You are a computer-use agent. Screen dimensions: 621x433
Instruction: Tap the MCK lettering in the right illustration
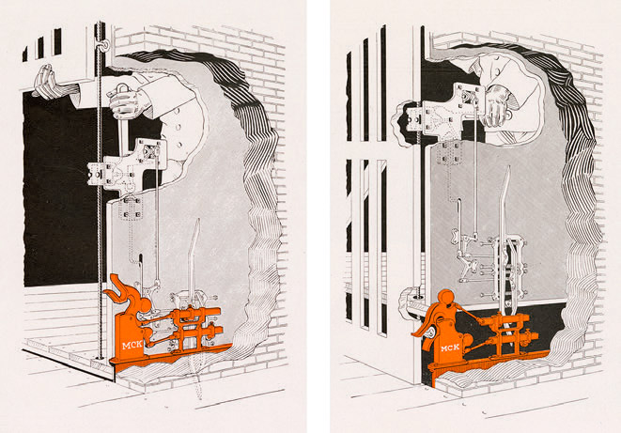[x=450, y=348]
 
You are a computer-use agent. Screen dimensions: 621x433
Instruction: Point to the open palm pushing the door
[x=44, y=82]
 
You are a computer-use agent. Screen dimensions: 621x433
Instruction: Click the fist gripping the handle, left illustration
[x=126, y=101]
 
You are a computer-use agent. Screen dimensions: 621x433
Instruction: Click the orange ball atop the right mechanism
[x=447, y=298]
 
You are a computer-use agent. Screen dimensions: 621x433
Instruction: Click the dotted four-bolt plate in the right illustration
[x=449, y=153]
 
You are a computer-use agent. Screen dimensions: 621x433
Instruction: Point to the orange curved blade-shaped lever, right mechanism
[x=424, y=330]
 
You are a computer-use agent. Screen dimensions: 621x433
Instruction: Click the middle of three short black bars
[x=40, y=48]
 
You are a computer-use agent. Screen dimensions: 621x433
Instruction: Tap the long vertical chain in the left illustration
[x=100, y=190]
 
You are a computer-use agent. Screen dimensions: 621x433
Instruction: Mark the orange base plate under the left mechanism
[x=170, y=355]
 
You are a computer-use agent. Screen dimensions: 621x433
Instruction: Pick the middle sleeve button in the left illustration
[x=178, y=128]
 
